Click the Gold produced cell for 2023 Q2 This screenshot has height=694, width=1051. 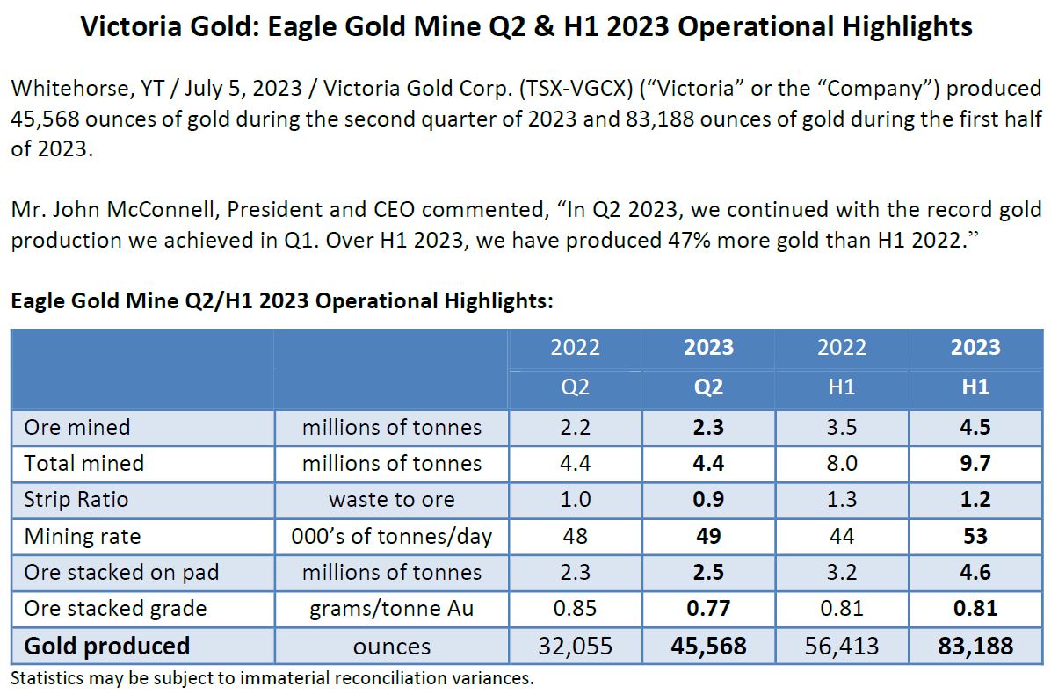pyautogui.click(x=708, y=647)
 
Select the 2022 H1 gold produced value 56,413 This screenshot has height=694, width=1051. pyautogui.click(x=842, y=647)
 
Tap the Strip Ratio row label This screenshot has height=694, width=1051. pyautogui.click(x=76, y=500)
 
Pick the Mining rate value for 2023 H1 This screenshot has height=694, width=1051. pyautogui.click(x=975, y=536)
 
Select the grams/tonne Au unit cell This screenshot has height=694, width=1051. pyautogui.click(x=392, y=609)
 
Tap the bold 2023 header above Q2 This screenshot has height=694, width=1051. pyautogui.click(x=708, y=347)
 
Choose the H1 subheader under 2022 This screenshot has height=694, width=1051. pyautogui.click(x=842, y=387)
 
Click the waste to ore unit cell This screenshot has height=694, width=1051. pyautogui.click(x=392, y=500)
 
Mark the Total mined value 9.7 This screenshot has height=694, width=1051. pyautogui.click(x=975, y=464)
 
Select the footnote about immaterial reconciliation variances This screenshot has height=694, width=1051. pyautogui.click(x=272, y=677)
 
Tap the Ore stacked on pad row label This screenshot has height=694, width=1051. pyautogui.click(x=121, y=573)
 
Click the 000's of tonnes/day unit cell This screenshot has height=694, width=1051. pyautogui.click(x=392, y=536)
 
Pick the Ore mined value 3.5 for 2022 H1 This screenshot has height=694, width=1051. pyautogui.click(x=842, y=428)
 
